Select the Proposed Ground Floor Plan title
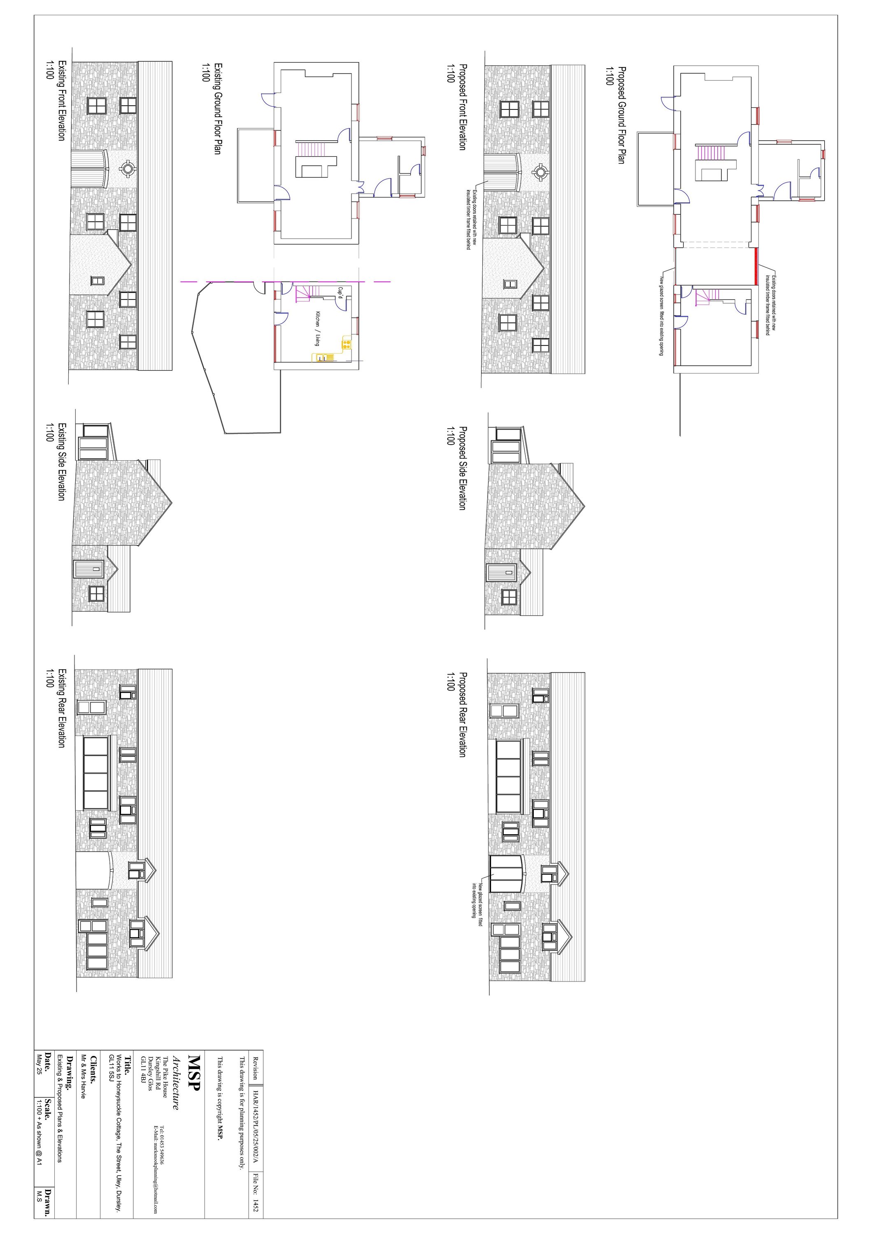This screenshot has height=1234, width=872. tap(621, 115)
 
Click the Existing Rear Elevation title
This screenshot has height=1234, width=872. tap(61, 708)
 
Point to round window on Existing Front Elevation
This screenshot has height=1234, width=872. tap(128, 169)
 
